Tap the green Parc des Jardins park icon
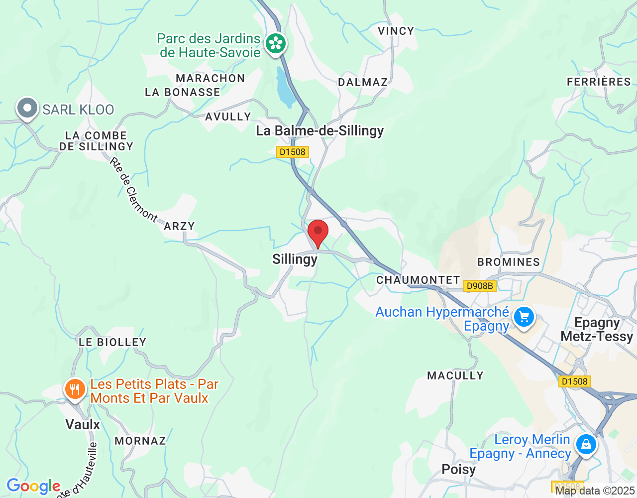[x=276, y=43]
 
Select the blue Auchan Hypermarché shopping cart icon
[x=524, y=317]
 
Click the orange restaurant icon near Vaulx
[x=75, y=389]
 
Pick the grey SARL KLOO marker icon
[x=27, y=108]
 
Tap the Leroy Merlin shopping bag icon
[x=586, y=444]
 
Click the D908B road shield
[x=480, y=286]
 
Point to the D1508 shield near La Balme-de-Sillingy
[x=293, y=152]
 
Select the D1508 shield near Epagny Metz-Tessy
[x=574, y=381]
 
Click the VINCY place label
[x=396, y=31]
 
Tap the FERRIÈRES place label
[x=599, y=82]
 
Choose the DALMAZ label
[x=363, y=83]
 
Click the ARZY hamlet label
[x=179, y=226]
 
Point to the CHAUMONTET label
[x=418, y=280]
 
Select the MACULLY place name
[x=455, y=375]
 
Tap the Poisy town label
[x=459, y=469]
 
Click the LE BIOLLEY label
[x=112, y=342]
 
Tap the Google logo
[x=33, y=486]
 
